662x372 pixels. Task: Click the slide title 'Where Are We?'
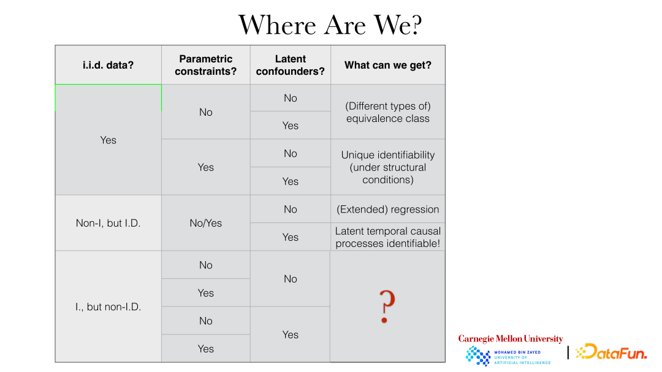(330, 25)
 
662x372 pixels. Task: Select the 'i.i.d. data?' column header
(108, 65)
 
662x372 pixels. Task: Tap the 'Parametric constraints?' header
(205, 65)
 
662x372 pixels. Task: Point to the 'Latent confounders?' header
(291, 65)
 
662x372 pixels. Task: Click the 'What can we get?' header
(388, 65)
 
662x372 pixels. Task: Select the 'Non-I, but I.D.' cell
(108, 223)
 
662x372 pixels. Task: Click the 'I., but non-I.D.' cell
(108, 306)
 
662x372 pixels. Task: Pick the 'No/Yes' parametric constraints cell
(205, 223)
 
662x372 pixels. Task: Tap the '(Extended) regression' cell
(388, 210)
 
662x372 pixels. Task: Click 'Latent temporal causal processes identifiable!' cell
(388, 237)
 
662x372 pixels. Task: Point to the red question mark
(386, 306)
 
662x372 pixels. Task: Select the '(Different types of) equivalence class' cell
(388, 112)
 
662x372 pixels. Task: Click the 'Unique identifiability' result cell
(388, 167)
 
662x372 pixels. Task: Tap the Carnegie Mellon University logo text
(511, 339)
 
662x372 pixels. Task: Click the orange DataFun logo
(611, 351)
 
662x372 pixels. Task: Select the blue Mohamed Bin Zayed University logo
(508, 356)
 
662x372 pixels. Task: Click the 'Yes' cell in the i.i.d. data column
(108, 140)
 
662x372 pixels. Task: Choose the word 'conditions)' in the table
(388, 180)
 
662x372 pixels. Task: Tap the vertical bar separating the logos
(568, 352)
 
